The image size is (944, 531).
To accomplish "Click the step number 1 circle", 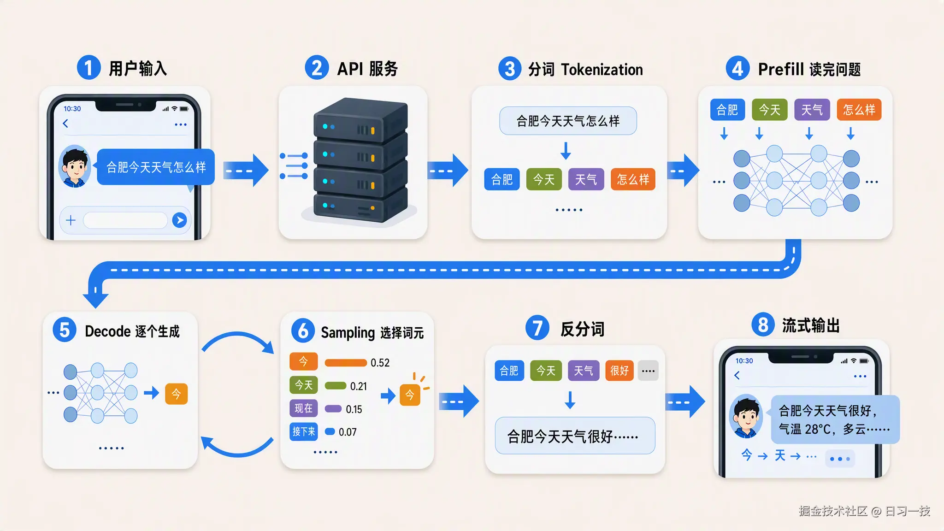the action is (88, 68).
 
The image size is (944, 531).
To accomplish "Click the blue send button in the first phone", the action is (179, 220).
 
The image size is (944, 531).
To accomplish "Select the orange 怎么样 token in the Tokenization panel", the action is (633, 179).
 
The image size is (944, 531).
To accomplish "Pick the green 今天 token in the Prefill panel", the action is (769, 110).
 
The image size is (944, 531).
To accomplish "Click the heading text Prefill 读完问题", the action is (809, 69).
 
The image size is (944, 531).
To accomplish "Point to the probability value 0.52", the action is (380, 363).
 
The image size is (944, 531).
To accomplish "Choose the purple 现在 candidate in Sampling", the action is (303, 408).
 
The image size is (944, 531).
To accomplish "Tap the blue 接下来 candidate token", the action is (303, 432).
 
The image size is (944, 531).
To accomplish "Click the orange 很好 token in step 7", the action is (619, 371).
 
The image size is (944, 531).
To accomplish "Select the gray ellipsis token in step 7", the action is (648, 371).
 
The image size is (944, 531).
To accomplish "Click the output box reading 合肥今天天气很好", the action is (575, 436).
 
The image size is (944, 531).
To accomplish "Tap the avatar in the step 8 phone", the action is (746, 416).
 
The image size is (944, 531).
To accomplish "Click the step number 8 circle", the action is (763, 324).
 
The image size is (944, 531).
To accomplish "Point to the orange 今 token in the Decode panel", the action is (176, 394).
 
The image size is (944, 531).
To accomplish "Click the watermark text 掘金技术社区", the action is (833, 511).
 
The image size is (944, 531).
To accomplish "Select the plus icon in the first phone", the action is (71, 220).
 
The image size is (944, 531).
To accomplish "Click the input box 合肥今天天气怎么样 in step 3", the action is (568, 121).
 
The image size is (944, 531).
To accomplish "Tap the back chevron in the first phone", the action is (65, 124).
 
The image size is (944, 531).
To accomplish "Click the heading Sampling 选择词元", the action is (372, 332).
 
